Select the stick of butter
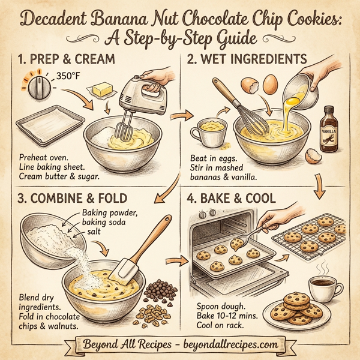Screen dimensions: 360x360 pyautogui.click(x=103, y=90)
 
